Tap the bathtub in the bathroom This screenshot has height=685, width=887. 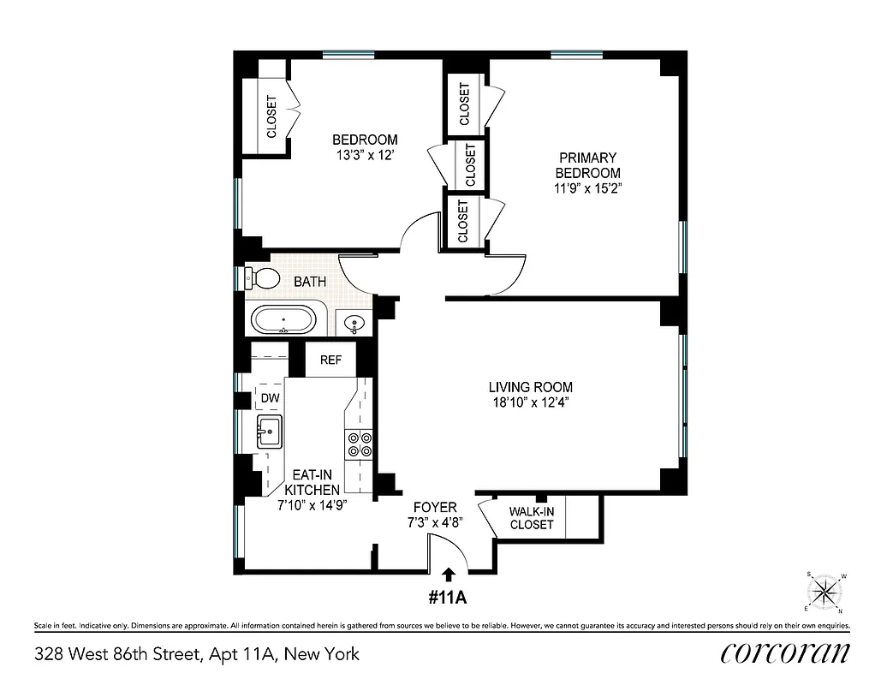point(283,321)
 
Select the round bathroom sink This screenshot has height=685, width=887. point(354,324)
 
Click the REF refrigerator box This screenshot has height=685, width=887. point(330,360)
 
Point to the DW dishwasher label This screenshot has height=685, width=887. point(270,398)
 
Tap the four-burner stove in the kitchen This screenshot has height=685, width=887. point(359,443)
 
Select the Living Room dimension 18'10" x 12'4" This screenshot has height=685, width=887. point(531,402)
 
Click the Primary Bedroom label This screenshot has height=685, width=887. point(588,165)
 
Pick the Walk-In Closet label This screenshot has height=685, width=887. point(532,518)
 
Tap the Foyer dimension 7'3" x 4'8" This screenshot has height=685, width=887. point(434,522)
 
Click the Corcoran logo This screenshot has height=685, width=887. point(785,652)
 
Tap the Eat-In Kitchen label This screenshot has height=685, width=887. point(312,481)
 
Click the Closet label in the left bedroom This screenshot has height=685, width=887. point(272,116)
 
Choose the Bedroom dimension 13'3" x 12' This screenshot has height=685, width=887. point(365,155)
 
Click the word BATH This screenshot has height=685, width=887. point(310,281)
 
